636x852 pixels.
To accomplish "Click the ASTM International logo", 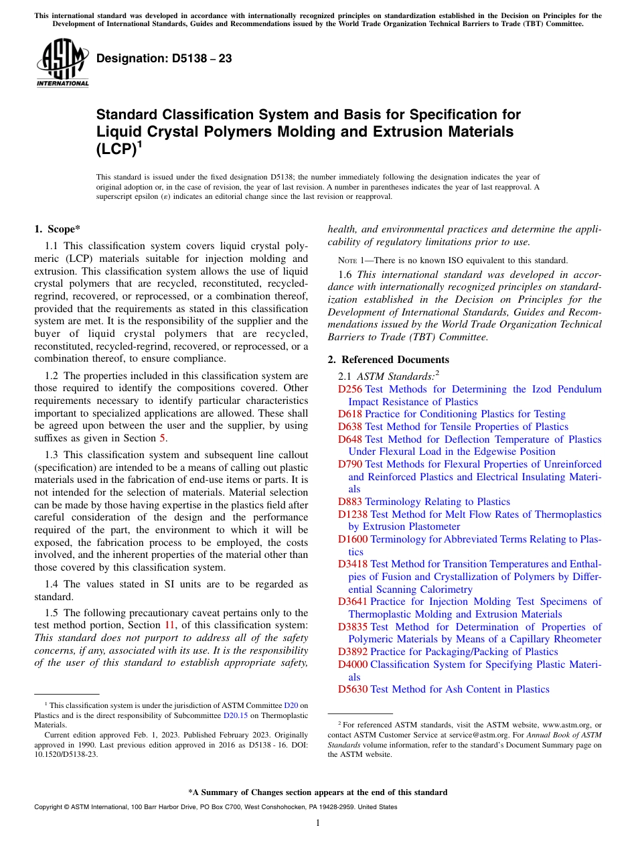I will pyautogui.click(x=62, y=63).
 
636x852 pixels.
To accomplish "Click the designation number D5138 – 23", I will pyautogui.click(x=164, y=58).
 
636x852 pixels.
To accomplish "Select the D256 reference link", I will pyautogui.click(x=350, y=389).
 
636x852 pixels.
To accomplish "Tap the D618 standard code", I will pyautogui.click(x=350, y=414).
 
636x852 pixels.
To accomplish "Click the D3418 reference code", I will pyautogui.click(x=353, y=564).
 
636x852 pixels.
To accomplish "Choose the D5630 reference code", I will pyautogui.click(x=353, y=689).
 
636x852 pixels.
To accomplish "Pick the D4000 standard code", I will pyautogui.click(x=353, y=664).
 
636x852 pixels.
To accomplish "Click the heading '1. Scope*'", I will pyautogui.click(x=57, y=229).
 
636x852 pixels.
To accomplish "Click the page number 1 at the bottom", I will pyautogui.click(x=318, y=823).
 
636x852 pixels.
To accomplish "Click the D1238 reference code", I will pyautogui.click(x=353, y=514).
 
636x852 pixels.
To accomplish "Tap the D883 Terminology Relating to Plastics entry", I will pyautogui.click(x=424, y=502).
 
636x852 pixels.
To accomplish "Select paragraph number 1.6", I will pyautogui.click(x=346, y=274).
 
